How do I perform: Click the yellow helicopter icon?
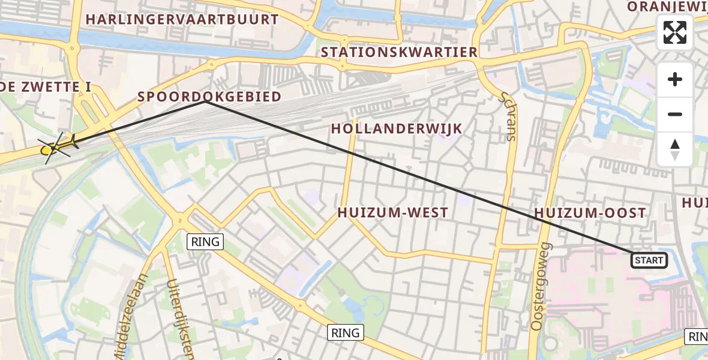(58, 146)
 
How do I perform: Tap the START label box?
(649, 260)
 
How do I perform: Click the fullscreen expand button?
(675, 32)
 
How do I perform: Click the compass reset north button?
(675, 149)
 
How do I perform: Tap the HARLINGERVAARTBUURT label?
(182, 19)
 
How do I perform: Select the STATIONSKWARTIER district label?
(399, 52)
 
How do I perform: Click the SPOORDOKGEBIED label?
(209, 97)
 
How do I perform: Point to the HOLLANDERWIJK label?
(397, 128)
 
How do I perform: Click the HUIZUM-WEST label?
(392, 212)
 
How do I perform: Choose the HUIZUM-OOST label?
(589, 213)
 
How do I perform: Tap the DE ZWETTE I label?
(46, 88)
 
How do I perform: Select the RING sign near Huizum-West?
(206, 242)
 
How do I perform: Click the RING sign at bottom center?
(346, 332)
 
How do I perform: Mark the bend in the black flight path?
(206, 101)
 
